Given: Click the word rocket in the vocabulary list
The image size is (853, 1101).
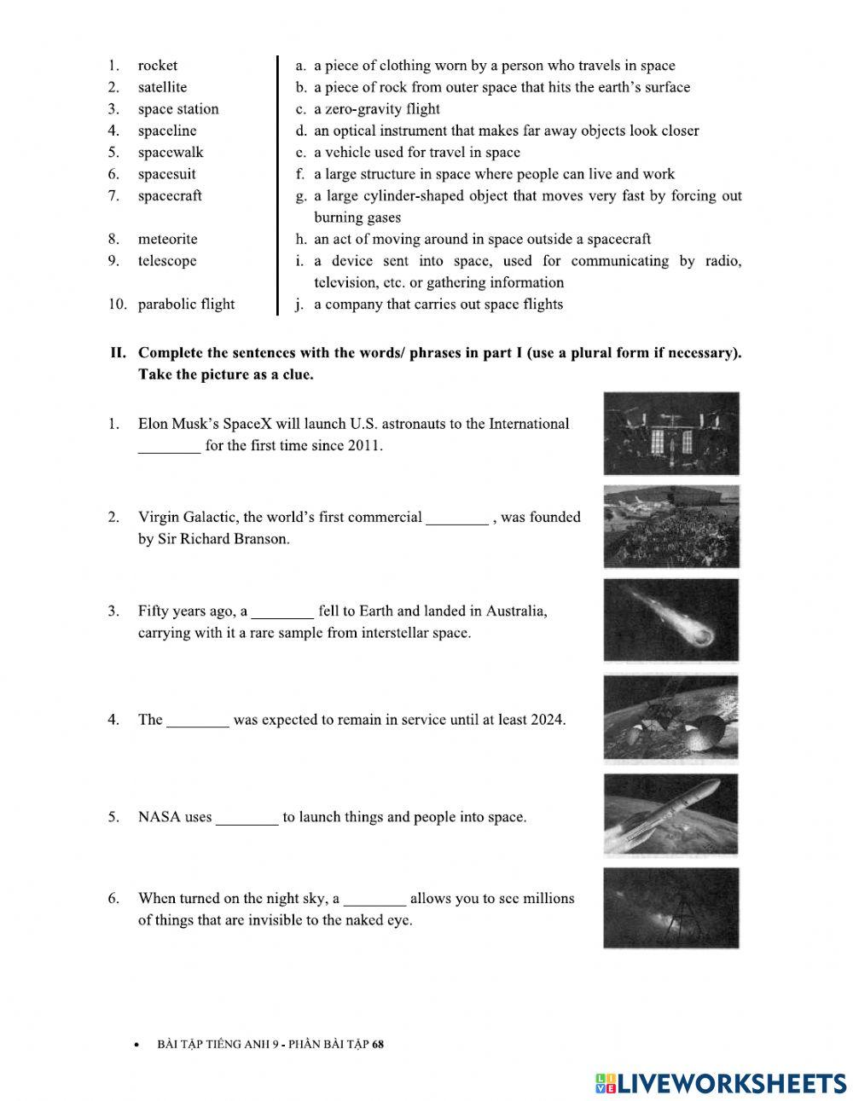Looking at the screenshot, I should (x=158, y=66).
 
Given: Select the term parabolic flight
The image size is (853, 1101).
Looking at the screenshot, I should (x=186, y=304).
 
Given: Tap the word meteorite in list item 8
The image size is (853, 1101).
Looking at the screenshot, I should (x=167, y=240).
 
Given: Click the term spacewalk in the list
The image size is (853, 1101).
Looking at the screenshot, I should (x=171, y=153).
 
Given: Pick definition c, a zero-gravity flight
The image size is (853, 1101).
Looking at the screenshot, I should (x=376, y=109).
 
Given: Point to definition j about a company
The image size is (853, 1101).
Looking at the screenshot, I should (x=438, y=304).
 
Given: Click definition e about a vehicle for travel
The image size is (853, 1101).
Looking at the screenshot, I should (x=416, y=153).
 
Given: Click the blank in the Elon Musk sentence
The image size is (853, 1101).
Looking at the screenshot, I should (x=169, y=446).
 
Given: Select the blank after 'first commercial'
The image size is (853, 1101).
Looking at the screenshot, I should (x=456, y=518).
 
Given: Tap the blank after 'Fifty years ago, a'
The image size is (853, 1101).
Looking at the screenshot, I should (x=282, y=611).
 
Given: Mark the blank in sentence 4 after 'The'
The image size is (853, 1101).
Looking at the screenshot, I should (x=197, y=721).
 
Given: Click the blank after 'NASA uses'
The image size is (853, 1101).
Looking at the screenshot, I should (x=247, y=818).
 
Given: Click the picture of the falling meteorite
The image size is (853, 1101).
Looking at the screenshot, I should (x=670, y=620).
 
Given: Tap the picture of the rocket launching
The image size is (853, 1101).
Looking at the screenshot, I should (x=670, y=814).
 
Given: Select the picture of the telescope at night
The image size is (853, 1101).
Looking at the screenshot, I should (x=670, y=908).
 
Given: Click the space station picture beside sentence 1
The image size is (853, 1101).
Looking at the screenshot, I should (x=670, y=433).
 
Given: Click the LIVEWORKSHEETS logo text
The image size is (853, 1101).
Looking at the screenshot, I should (x=732, y=1082).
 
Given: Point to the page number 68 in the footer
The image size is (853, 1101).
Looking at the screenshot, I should (x=379, y=1044).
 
